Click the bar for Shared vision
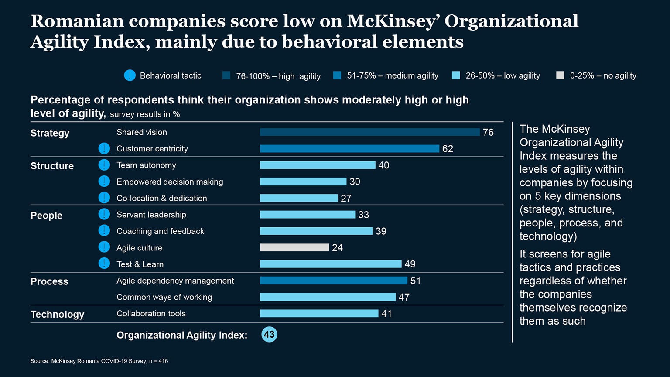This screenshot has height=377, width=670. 369,132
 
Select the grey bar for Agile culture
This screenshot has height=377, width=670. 294,247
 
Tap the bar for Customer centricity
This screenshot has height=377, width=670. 349,149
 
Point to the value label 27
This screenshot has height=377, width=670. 346,199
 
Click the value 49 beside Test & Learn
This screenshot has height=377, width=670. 410,264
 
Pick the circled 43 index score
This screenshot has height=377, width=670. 269,335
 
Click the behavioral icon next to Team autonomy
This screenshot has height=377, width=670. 104,165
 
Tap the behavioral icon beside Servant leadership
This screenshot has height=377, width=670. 104,214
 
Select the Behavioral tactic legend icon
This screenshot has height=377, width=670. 130,75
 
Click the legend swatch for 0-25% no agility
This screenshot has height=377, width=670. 560,75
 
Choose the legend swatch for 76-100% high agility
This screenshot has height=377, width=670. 226,75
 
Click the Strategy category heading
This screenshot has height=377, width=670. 50,133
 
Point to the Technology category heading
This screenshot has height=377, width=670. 57,314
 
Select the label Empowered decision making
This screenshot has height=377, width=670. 170,182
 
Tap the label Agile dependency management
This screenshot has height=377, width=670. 175,281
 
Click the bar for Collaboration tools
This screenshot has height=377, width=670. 319,313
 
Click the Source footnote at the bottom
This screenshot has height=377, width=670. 99,361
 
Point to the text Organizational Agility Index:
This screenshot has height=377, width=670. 182,335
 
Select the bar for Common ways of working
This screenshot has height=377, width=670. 328,297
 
